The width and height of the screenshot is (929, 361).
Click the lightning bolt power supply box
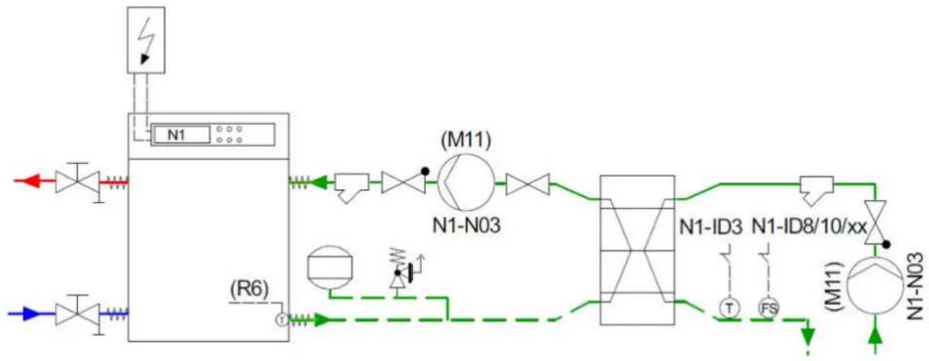click(146, 40)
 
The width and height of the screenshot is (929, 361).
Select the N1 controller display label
click(177, 135)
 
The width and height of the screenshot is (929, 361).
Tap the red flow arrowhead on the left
click(32, 181)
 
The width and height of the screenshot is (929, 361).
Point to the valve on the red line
click(78, 182)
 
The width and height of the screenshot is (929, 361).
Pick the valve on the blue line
click(78, 314)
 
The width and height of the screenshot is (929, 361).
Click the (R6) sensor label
click(250, 289)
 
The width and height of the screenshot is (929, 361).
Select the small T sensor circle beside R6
click(282, 320)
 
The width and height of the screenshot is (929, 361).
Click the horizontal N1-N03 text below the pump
click(467, 226)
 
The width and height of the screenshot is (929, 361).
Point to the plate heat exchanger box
click(637, 250)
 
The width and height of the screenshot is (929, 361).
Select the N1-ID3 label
click(711, 227)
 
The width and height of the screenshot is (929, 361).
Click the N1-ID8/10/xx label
click(810, 227)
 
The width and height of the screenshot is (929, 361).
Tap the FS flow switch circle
click(769, 309)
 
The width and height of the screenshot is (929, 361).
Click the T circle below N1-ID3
click(729, 309)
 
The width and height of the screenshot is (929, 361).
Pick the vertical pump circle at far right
click(875, 287)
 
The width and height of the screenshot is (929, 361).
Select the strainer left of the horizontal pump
click(352, 187)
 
